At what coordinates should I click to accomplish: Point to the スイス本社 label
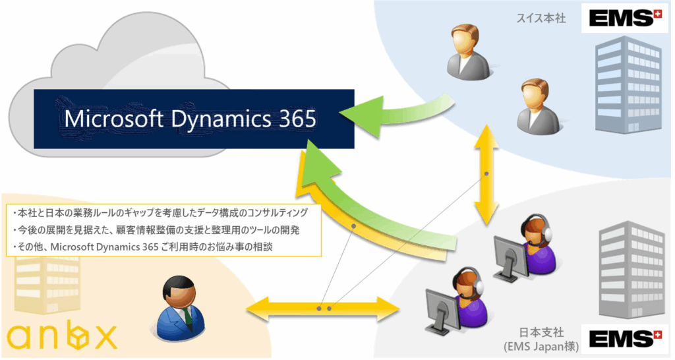click(541, 18)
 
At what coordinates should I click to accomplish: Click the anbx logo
click(62, 337)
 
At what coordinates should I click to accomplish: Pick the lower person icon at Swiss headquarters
click(537, 105)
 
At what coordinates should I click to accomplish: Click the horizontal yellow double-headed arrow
click(323, 307)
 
